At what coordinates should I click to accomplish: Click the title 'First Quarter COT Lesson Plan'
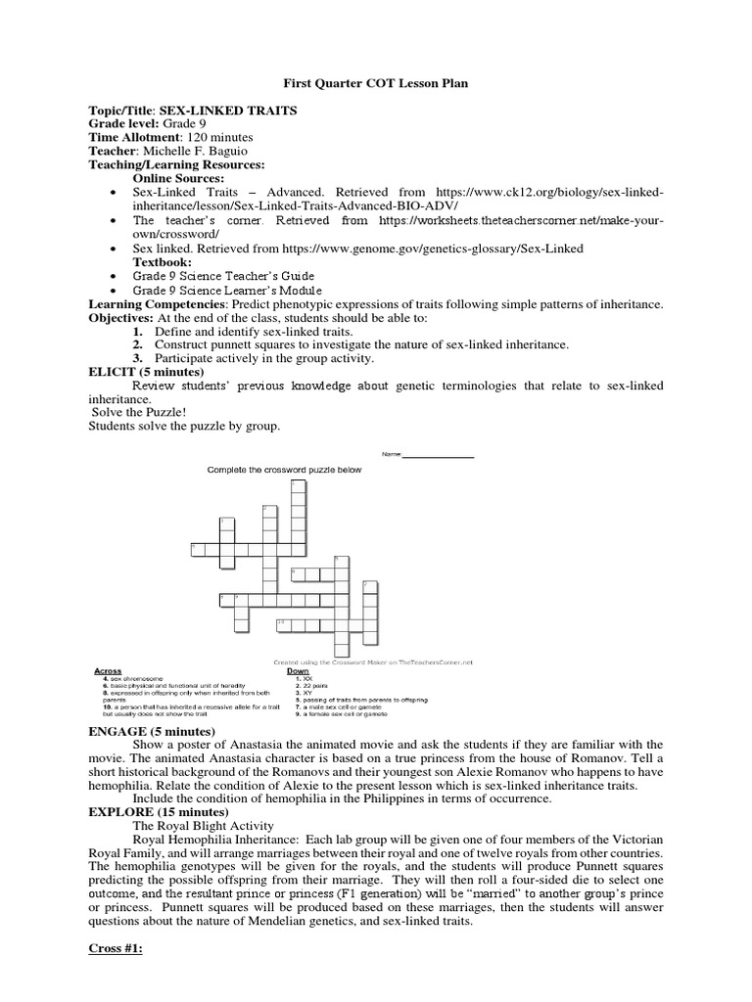pos(375,83)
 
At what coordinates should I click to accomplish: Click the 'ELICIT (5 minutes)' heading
pos(145,372)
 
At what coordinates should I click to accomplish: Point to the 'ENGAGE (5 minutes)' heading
pos(151,731)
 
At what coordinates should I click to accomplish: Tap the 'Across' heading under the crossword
pos(108,671)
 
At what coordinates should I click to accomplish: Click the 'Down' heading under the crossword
pos(298,671)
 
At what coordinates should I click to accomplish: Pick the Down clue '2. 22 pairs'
pos(316,685)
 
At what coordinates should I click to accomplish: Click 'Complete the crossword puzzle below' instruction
pos(284,470)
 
